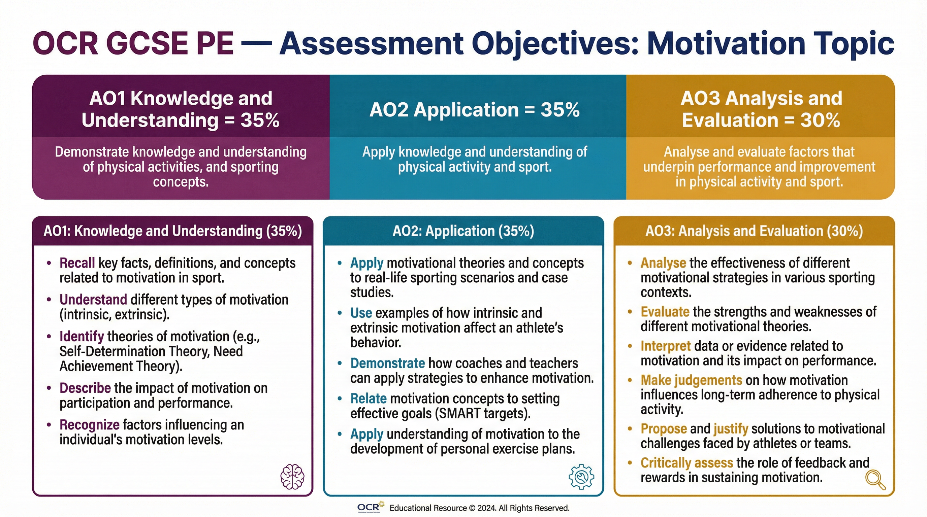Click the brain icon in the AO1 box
click(292, 477)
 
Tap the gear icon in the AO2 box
click(581, 477)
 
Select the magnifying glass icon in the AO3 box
click(875, 479)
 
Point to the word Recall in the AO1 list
click(77, 263)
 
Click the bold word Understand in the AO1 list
click(93, 300)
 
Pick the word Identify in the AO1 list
click(82, 337)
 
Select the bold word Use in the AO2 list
click(361, 313)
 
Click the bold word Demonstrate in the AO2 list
click(388, 363)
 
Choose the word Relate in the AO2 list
click(369, 399)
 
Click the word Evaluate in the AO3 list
click(665, 312)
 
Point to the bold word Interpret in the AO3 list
click(665, 346)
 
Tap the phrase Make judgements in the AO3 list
click(691, 380)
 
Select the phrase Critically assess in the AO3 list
click(686, 463)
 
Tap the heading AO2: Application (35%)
click(463, 231)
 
